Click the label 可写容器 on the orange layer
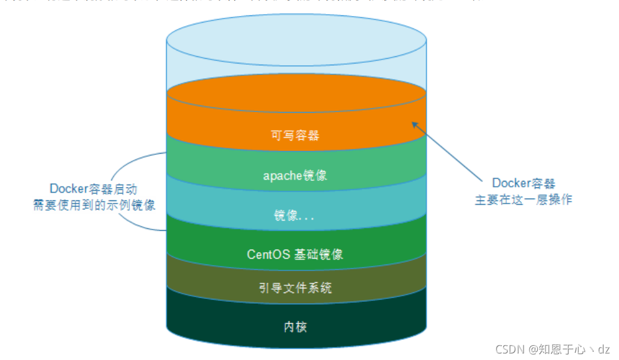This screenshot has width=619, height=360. [295, 135]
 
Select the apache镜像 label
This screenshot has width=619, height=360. [295, 176]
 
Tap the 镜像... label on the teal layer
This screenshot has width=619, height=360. [295, 216]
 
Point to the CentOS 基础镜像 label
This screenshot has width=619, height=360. [295, 254]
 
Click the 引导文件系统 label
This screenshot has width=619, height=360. [295, 288]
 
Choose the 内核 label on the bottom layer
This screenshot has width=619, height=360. [295, 327]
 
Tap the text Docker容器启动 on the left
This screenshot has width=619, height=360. [94, 189]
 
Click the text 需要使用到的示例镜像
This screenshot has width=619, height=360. [94, 205]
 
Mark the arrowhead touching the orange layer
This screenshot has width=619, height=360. [415, 124]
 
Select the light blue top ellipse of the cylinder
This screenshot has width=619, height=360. [296, 42]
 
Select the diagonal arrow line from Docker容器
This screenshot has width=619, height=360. [451, 152]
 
